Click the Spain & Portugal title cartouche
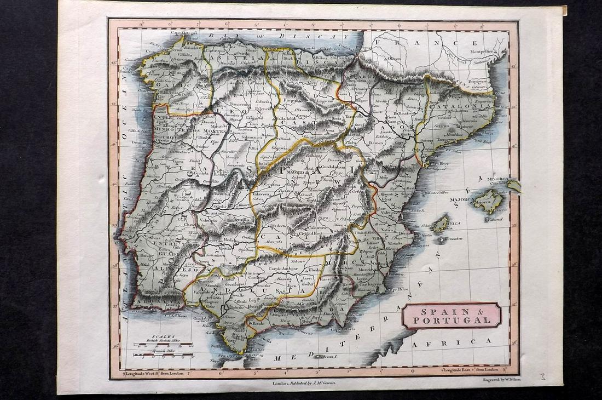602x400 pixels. (x=451, y=316)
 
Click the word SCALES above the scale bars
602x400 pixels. (x=163, y=336)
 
